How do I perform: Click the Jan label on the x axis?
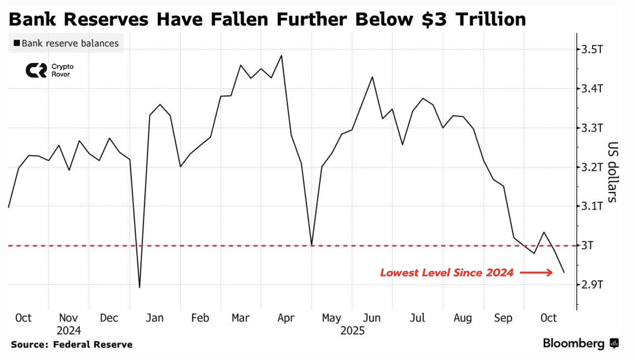pos(155,318)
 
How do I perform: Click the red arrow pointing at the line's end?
pos(536,273)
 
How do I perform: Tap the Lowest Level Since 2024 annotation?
pos(447,273)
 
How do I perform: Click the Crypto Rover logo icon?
pos(36,70)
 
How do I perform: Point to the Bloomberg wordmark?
pos(573,344)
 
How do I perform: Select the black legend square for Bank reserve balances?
pos(17,43)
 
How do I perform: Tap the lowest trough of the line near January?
pos(140,288)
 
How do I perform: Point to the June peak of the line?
pos(373,77)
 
